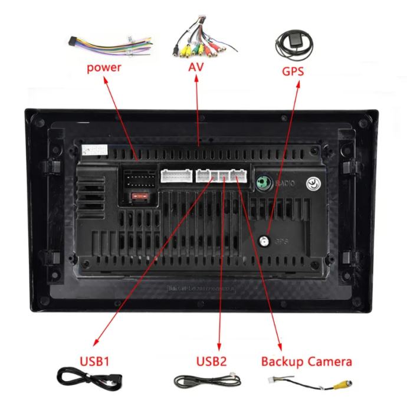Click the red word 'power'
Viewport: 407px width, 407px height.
point(104,67)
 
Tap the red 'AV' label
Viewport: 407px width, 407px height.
point(196,67)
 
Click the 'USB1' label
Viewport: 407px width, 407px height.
point(94,359)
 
